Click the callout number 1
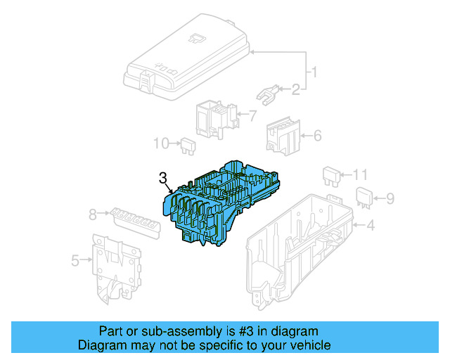coord(314,72)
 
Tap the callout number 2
coord(295,89)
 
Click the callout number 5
coord(75,261)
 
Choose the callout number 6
coord(317,135)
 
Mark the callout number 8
coord(92,214)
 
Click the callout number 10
coord(161,143)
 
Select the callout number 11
coord(360,174)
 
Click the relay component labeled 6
coord(282,135)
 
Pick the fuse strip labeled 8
coord(133,219)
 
